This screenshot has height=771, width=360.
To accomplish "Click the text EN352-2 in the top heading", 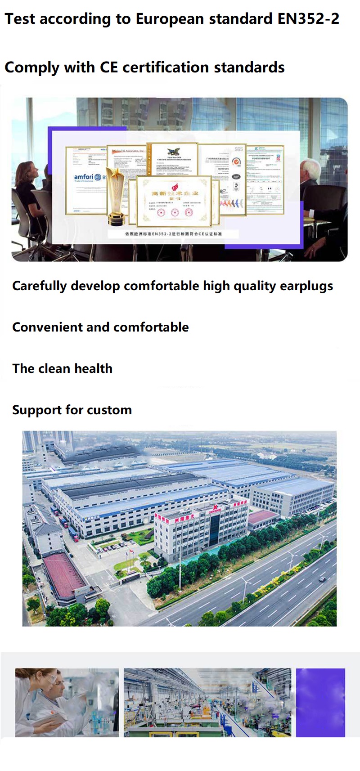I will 308,19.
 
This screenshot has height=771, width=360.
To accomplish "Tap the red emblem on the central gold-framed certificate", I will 174,186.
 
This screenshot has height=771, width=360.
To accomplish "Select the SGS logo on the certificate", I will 238,149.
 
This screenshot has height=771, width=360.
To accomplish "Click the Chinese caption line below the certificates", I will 174,234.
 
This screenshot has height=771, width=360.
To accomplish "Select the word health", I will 93,368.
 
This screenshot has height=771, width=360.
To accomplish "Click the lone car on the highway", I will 322,579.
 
